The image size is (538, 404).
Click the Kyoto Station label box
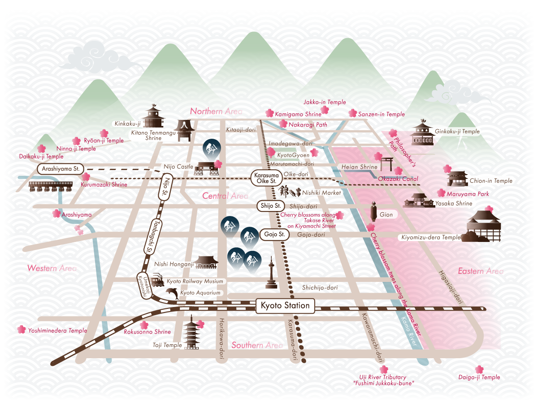[285, 306]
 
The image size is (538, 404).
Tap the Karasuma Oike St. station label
[265, 177]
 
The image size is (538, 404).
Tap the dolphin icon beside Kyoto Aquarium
[172, 293]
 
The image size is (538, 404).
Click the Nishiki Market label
[321, 193]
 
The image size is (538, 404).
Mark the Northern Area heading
[216, 111]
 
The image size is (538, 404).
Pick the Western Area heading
[52, 268]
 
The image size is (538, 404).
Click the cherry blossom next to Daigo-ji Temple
[480, 369]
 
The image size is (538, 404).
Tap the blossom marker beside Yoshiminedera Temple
[22, 329]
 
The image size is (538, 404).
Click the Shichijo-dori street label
[320, 287]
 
